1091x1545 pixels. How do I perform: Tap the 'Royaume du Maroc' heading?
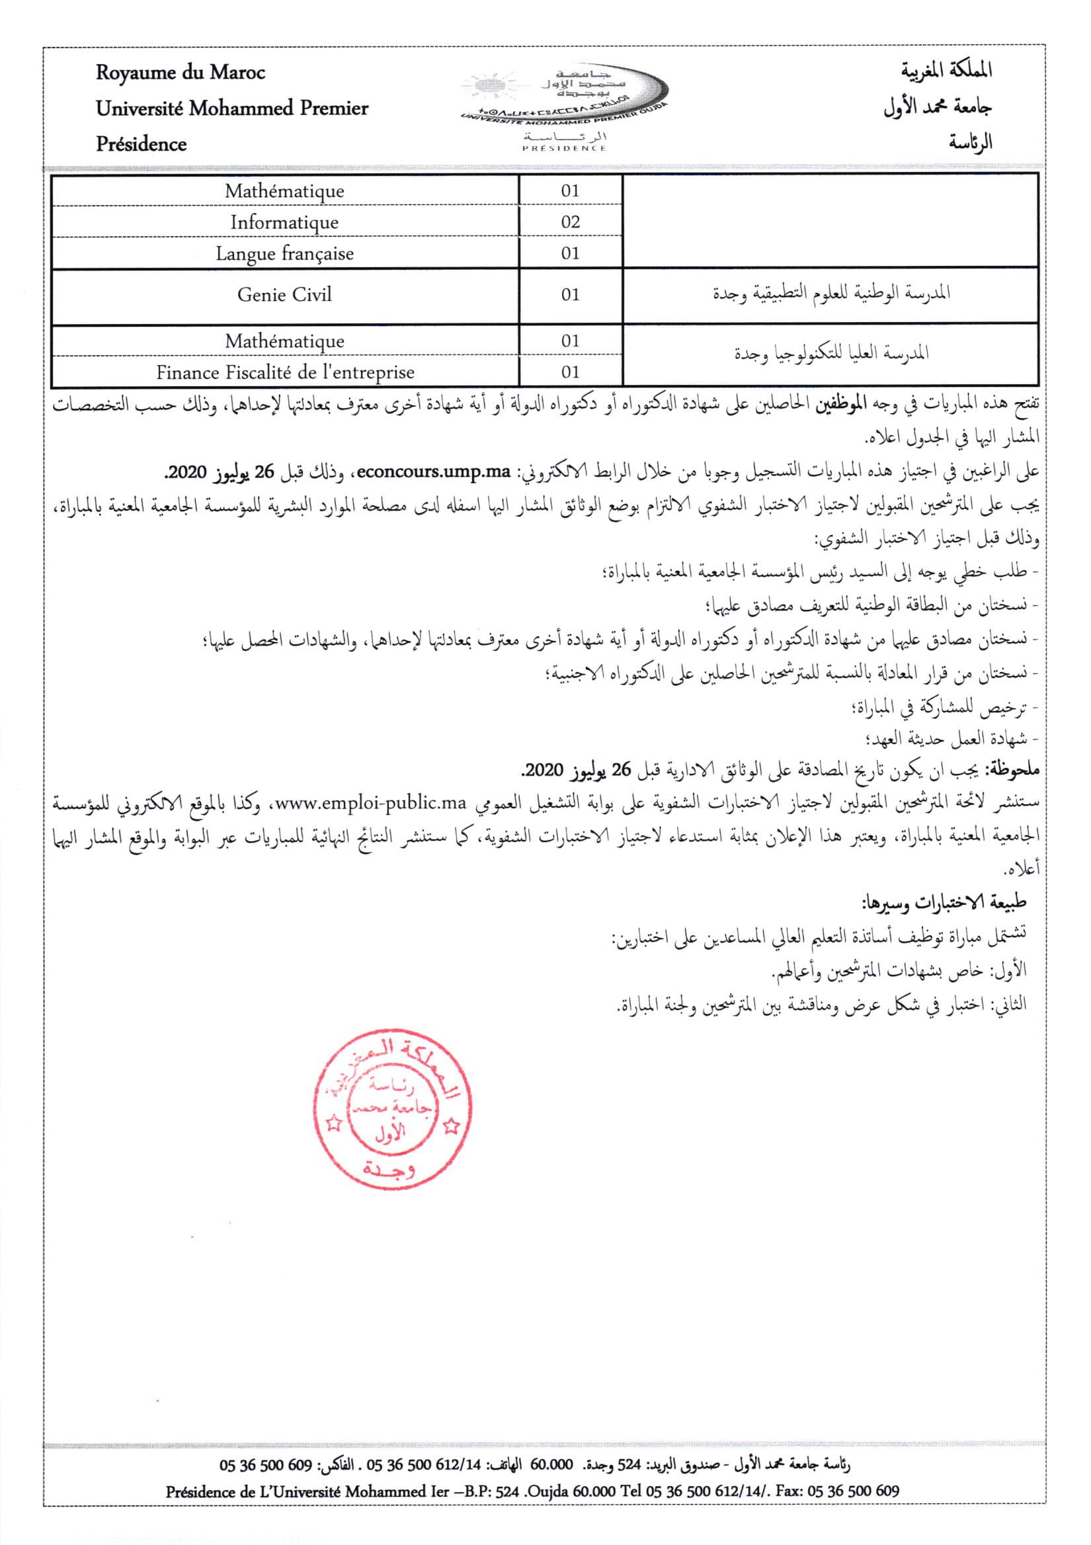181,73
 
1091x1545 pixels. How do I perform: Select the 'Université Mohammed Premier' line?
232,108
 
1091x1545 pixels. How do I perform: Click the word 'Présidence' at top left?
141,144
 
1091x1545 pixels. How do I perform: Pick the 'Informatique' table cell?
284,222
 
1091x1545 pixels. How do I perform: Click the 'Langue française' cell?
284,254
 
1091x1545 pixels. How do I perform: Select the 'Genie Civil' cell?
284,295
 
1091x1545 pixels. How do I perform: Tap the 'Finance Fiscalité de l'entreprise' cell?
284,372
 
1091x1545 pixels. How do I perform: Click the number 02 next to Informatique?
571,222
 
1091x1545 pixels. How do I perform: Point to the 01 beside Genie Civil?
571,295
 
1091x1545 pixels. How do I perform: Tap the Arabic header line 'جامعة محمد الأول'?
938,108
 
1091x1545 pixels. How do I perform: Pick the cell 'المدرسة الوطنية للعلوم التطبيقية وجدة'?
831,294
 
